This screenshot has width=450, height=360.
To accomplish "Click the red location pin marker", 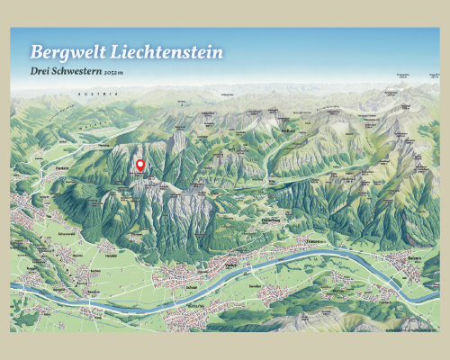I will coord(139,165).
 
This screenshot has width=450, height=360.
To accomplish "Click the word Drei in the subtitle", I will coord(40,72).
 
